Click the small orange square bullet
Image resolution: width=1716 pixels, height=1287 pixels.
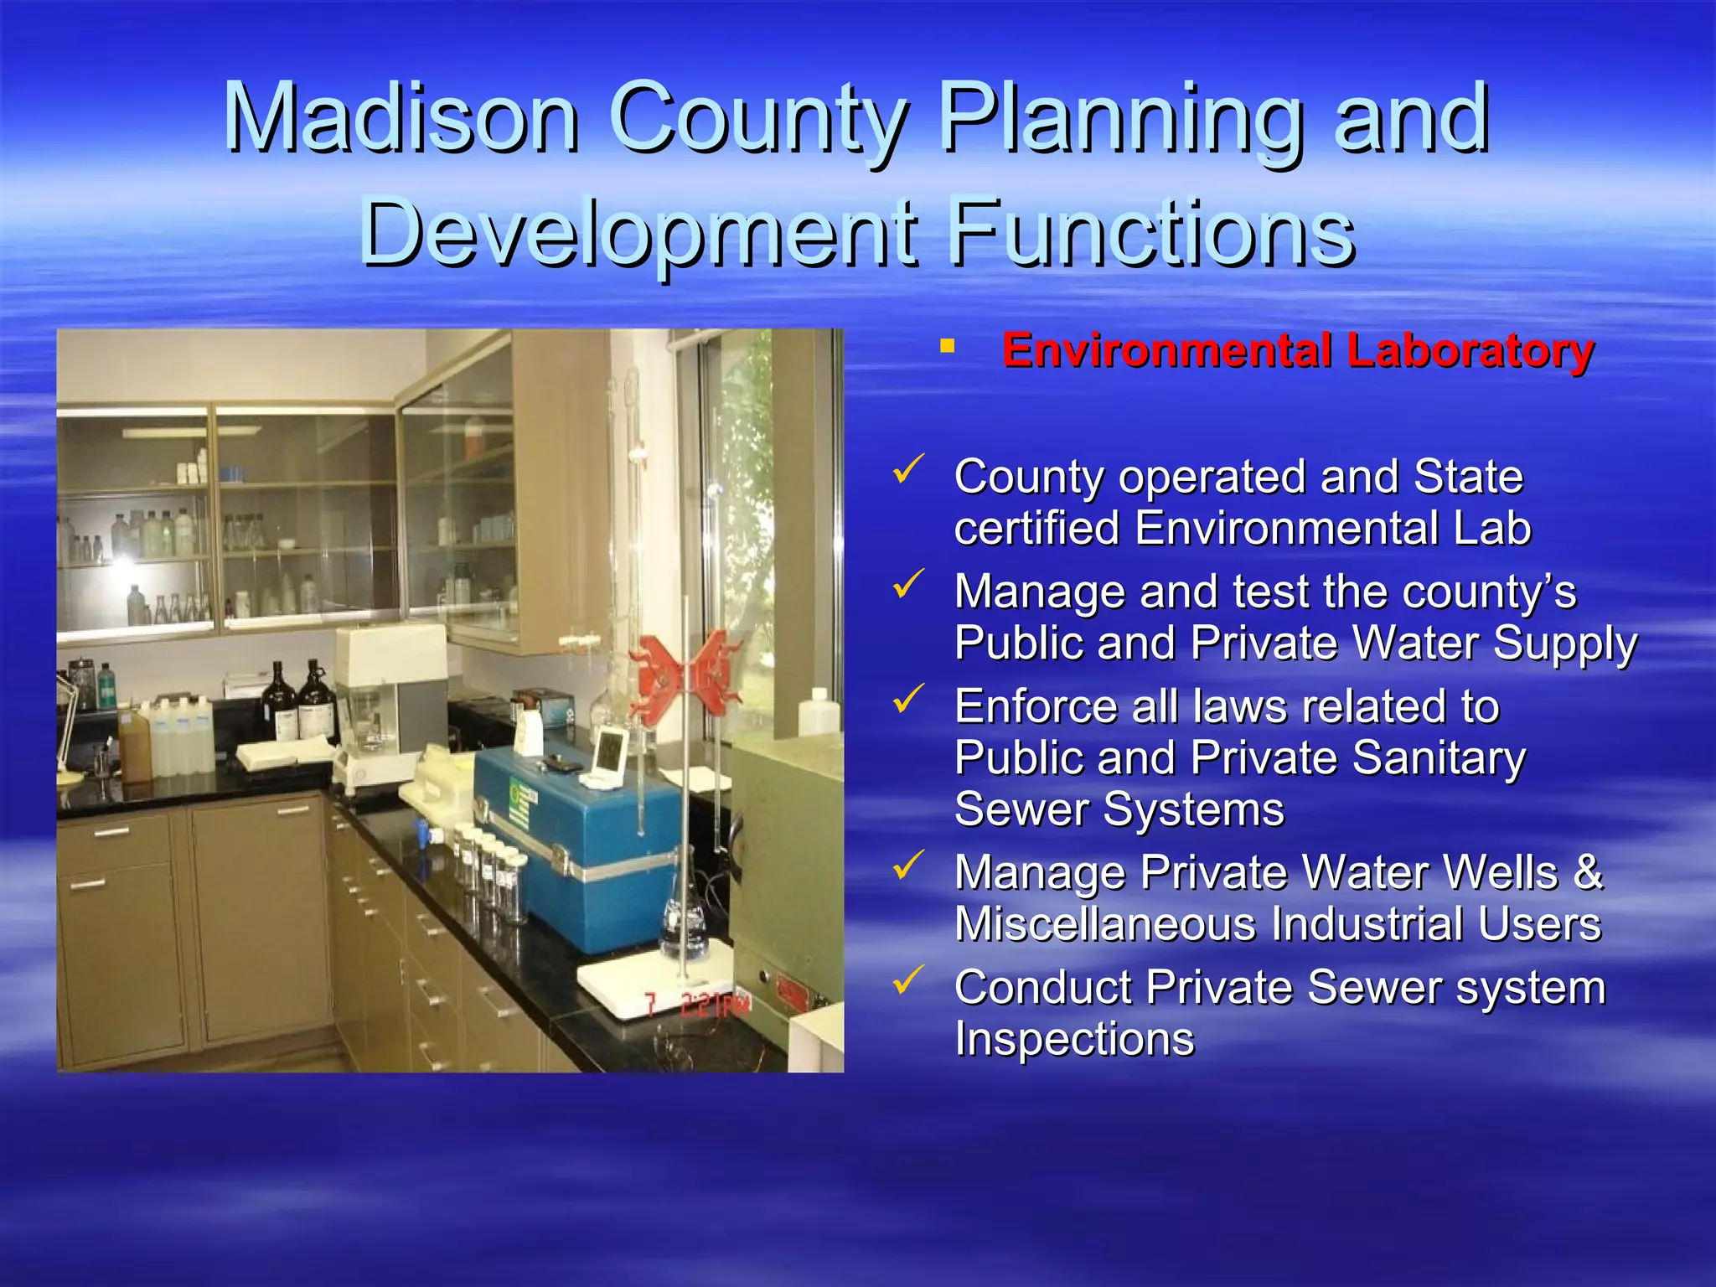click(x=948, y=345)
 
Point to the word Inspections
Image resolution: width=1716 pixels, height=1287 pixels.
click(x=1074, y=1039)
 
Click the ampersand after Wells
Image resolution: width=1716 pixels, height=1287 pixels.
click(x=1587, y=872)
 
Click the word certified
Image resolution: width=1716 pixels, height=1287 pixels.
click(x=1036, y=529)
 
